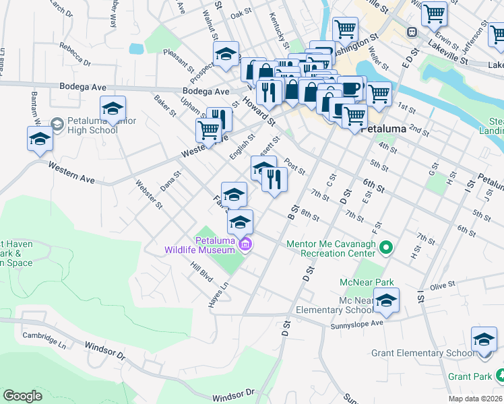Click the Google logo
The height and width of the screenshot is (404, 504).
click(22, 396)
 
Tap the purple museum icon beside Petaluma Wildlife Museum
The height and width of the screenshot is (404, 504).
click(245, 244)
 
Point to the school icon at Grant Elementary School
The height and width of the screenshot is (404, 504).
click(484, 339)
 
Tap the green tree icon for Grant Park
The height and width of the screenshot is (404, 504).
click(500, 374)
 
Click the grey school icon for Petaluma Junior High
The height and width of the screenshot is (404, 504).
click(57, 125)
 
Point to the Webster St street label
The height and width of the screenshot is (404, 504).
click(149, 193)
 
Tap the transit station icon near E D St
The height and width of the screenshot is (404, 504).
click(410, 32)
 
